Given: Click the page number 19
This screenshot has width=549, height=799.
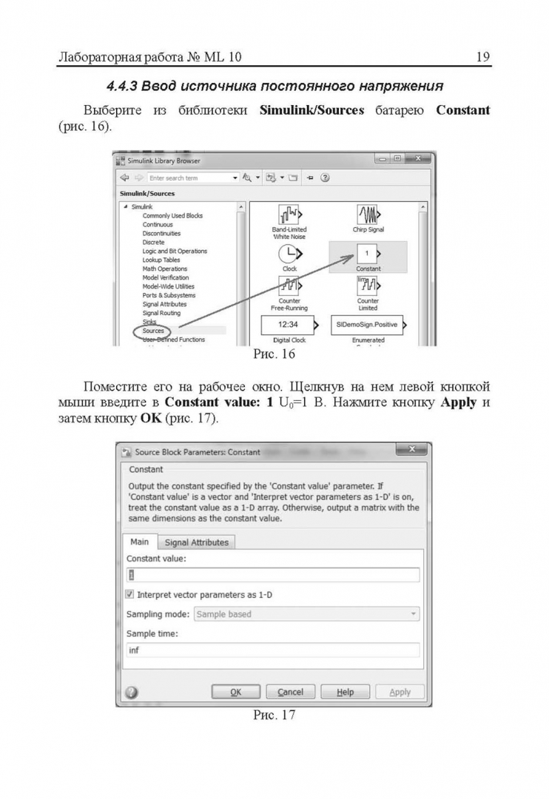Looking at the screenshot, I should tap(482, 57).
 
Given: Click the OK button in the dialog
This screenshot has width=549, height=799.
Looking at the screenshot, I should tap(235, 692).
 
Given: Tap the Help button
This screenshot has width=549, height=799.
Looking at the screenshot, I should tap(345, 692).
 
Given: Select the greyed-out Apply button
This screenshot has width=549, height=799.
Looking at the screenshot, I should tap(400, 692).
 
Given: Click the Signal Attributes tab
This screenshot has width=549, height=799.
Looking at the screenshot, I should tap(197, 542).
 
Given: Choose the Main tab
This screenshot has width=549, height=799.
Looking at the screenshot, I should tap(140, 542).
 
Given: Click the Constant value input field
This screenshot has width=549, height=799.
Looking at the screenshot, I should tap(272, 575).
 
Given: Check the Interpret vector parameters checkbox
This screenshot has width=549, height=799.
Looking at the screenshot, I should tap(130, 594).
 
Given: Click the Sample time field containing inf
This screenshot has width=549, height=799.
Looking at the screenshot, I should tap(272, 650).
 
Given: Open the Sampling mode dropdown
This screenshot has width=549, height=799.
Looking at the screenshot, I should tap(306, 614).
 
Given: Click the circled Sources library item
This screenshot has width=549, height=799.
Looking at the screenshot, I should tap(154, 331).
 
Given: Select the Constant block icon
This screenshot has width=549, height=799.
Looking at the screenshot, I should tap(368, 254).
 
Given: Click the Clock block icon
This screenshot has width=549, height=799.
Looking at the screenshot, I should tap(289, 254).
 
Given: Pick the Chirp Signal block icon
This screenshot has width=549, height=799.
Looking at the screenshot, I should tap(368, 215).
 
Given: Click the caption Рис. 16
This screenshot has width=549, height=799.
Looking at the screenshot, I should tap(274, 354).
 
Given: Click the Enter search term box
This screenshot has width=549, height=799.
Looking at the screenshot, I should tap(188, 178).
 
